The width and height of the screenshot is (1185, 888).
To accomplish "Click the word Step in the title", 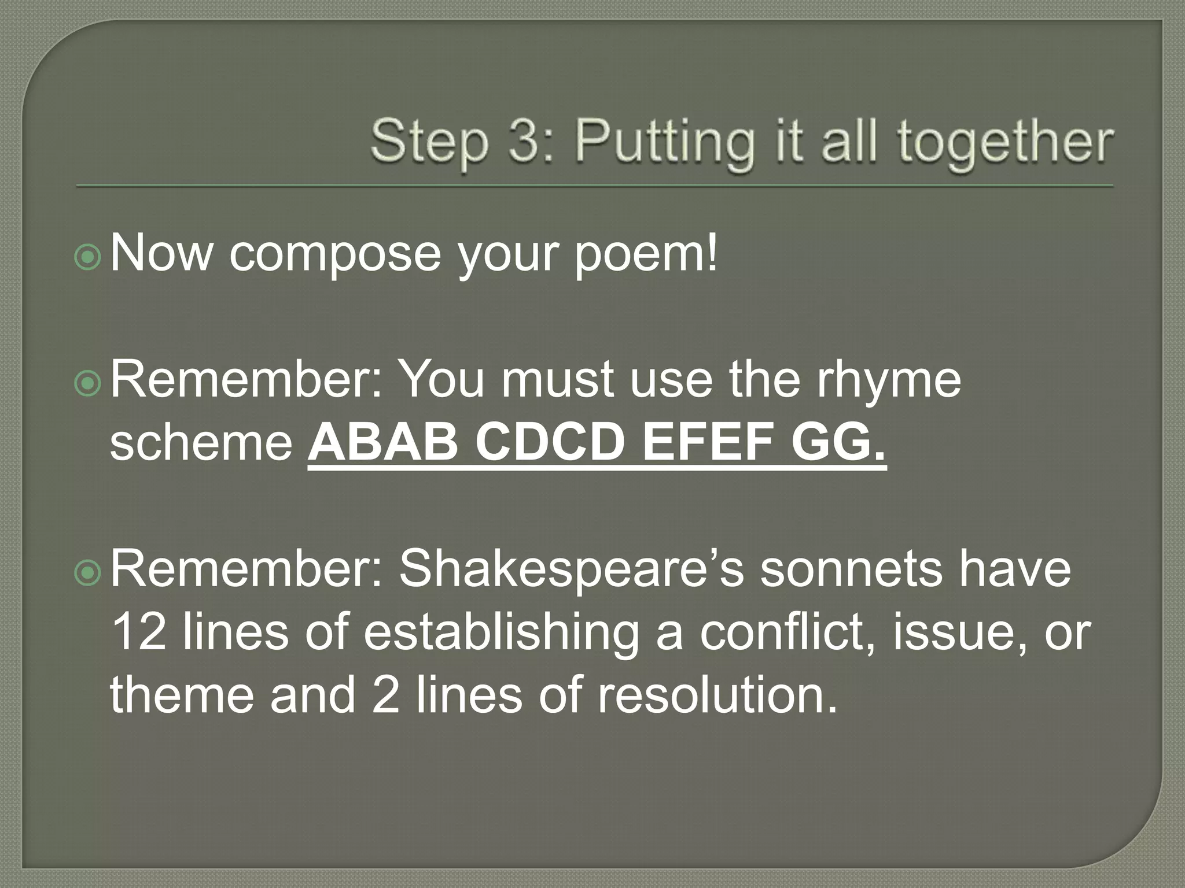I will click(429, 142).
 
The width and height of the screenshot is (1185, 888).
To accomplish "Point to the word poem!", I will click(646, 254).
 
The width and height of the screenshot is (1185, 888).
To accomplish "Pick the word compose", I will click(335, 254).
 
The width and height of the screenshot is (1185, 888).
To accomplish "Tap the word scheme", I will click(201, 444).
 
